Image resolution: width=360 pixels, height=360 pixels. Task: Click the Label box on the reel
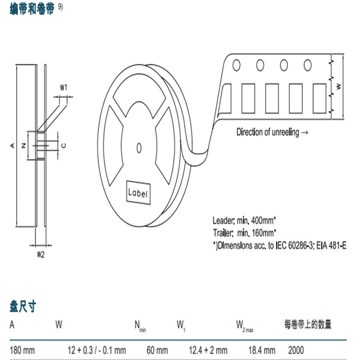click(139, 193)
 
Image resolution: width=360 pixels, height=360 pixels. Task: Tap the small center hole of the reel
click(139, 148)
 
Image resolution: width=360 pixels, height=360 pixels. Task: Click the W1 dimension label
click(64, 88)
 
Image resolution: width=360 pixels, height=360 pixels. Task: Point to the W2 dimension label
click(41, 254)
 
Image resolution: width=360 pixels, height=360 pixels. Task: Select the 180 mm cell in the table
click(22, 350)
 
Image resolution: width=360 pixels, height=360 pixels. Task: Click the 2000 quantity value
click(296, 350)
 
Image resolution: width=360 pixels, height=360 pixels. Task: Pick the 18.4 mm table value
click(262, 350)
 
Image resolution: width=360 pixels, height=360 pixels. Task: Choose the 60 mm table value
click(157, 350)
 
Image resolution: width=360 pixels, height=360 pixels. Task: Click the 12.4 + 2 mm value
click(208, 350)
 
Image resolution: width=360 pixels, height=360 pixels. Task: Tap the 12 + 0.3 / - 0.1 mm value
click(97, 350)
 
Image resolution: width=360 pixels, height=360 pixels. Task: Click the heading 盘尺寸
click(23, 306)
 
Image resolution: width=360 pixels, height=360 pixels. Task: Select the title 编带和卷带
click(32, 9)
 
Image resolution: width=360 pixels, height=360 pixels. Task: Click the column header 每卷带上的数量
click(308, 325)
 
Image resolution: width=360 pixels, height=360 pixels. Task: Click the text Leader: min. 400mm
click(244, 220)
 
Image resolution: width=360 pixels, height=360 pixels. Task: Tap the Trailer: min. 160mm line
click(245, 233)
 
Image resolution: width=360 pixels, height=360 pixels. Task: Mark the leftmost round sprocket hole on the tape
click(236, 65)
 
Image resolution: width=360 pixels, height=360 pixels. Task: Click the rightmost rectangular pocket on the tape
click(320, 98)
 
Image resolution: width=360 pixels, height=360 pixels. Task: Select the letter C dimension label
click(64, 146)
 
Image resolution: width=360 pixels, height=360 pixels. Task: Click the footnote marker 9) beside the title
click(61, 7)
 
